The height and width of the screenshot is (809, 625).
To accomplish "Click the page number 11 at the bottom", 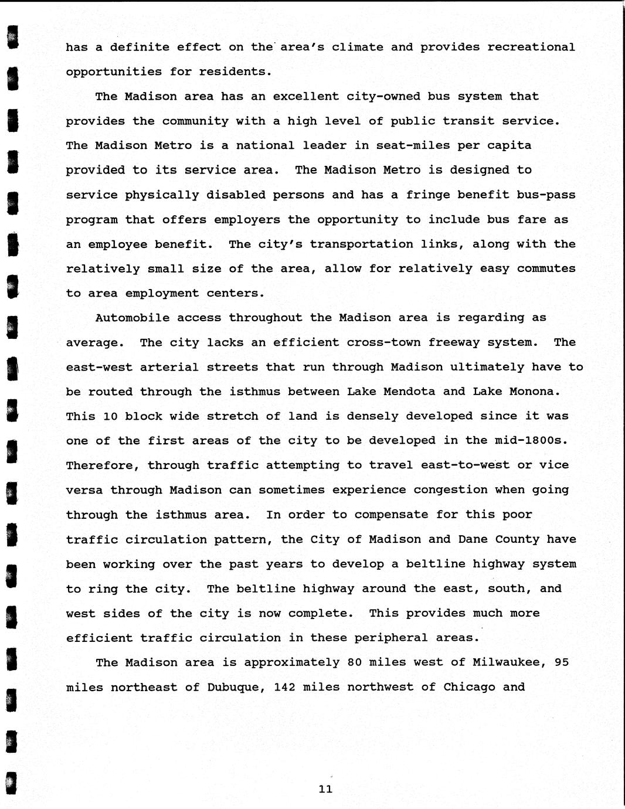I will click(x=325, y=789).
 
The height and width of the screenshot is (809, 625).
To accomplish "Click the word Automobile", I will click(x=132, y=318).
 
